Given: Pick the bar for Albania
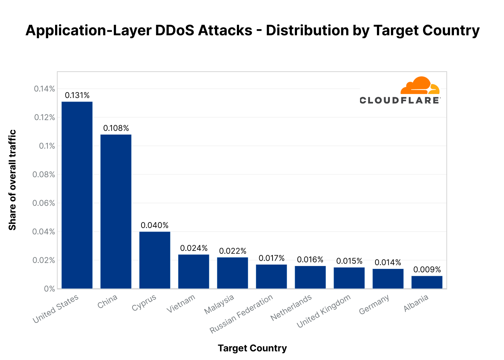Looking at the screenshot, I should [427, 282].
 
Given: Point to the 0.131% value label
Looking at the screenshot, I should [77, 95].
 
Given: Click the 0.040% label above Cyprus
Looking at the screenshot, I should [155, 225].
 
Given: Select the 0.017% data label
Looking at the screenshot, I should [271, 258].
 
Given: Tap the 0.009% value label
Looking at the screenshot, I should [427, 270].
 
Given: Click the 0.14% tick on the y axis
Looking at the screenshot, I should [44, 89].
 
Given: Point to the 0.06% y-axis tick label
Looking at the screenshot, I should [44, 203].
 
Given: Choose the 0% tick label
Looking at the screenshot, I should [50, 289].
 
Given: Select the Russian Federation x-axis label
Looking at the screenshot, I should [242, 314].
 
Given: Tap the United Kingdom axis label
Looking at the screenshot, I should [324, 311].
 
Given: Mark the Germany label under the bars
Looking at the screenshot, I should [374, 304].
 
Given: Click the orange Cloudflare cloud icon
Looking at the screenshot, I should [420, 86].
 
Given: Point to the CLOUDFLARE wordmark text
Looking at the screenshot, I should [400, 100].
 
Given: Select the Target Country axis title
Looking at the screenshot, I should [252, 348].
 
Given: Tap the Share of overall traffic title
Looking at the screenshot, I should [13, 180].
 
